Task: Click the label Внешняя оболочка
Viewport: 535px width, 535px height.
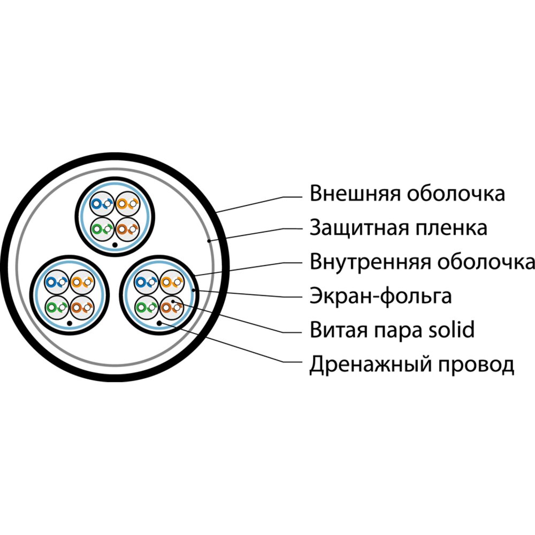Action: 407,194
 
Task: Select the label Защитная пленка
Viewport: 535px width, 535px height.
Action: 398,228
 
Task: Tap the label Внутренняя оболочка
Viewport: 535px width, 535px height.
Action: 422,262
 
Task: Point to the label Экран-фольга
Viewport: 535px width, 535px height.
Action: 380,296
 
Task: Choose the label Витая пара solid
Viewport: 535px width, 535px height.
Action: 392,330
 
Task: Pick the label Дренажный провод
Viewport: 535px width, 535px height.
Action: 411,364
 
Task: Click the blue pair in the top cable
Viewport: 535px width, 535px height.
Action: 102,204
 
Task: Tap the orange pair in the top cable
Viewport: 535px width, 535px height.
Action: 128,204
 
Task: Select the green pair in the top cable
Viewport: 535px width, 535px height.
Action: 102,229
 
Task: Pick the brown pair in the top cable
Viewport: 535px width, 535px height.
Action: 128,229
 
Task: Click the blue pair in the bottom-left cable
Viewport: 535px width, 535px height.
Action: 57,282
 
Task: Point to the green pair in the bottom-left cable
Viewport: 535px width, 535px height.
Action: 57,308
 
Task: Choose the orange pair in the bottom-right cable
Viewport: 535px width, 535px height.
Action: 172,282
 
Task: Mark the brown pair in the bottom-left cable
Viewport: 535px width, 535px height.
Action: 82,308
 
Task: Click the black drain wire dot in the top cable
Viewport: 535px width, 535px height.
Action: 115,245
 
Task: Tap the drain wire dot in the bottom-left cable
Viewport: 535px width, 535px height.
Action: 70,323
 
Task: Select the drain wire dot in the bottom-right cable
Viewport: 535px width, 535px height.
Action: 159,323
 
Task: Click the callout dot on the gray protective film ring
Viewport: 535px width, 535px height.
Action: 209,241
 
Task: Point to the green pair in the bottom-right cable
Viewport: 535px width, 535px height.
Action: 147,308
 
